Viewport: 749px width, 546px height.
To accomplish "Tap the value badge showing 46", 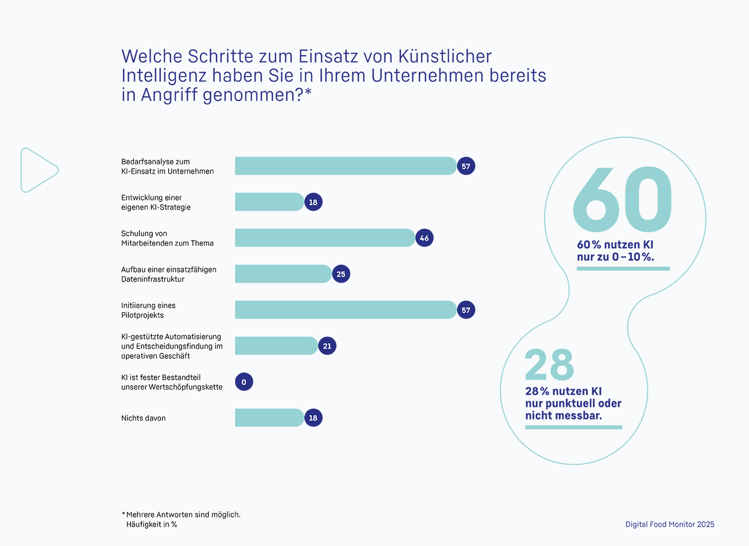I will (424, 238).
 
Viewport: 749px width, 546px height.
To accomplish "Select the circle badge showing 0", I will (244, 382).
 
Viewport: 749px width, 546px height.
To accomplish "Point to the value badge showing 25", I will (341, 274).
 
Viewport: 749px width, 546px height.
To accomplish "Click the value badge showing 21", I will (327, 346).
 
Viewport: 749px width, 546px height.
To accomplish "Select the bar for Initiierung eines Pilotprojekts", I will (345, 310).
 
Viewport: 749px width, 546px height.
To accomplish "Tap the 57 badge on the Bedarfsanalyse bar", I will (466, 166).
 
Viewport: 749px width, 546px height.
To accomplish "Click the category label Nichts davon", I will (143, 418).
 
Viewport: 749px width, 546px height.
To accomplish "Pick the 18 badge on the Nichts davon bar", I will (313, 418).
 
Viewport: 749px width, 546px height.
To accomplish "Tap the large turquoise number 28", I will (549, 364).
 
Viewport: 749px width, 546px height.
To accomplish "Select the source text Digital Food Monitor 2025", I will (670, 524).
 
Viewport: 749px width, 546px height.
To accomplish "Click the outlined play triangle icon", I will (38, 170).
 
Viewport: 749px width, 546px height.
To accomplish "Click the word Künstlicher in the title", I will (445, 57).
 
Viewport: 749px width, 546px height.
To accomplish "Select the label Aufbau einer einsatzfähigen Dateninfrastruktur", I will (169, 274).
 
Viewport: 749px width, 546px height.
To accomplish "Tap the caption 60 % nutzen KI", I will (615, 245).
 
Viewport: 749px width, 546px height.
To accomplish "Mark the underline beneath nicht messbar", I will (573, 427).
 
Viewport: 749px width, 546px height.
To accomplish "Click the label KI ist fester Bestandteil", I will (161, 378).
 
